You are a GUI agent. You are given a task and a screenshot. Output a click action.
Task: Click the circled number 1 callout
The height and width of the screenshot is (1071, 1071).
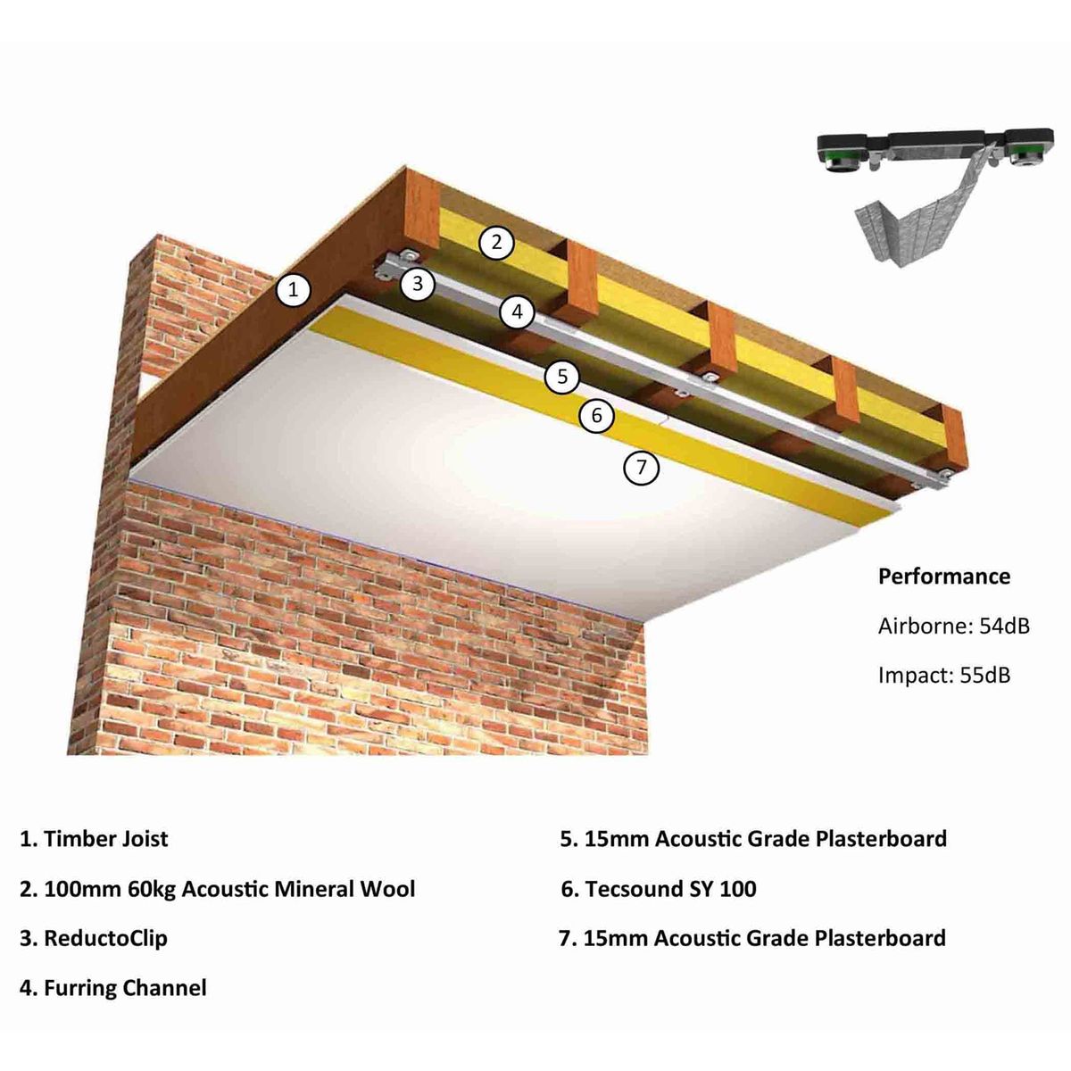(294, 289)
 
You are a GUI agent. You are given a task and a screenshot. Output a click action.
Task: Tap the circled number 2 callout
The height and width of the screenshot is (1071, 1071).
(497, 242)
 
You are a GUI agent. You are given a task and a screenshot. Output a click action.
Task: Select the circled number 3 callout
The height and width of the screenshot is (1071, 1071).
(417, 285)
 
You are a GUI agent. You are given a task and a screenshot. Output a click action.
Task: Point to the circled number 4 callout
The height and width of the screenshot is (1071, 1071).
(517, 312)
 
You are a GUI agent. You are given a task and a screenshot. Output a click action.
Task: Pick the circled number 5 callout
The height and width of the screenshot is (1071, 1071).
(562, 376)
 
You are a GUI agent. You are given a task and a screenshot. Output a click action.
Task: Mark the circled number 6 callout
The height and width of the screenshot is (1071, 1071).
(597, 415)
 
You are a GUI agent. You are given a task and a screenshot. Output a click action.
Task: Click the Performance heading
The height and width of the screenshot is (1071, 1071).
(943, 577)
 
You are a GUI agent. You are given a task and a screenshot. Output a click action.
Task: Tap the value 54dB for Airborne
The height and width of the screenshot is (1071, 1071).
(1004, 626)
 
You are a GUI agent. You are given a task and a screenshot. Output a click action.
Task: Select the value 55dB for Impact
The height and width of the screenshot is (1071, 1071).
(985, 675)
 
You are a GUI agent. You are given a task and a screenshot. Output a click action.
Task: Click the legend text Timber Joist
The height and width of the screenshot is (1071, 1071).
(105, 839)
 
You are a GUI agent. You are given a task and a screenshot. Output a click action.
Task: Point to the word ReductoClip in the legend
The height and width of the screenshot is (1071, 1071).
(105, 938)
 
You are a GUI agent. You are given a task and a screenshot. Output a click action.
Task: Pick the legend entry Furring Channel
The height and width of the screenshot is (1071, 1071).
(125, 988)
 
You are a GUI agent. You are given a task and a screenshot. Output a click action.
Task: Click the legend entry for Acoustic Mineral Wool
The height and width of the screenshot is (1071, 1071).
(228, 889)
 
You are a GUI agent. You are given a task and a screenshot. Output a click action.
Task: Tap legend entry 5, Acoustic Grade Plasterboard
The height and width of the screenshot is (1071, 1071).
(765, 839)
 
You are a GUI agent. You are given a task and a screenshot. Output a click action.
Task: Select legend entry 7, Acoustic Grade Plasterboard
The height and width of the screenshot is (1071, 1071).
(764, 938)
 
